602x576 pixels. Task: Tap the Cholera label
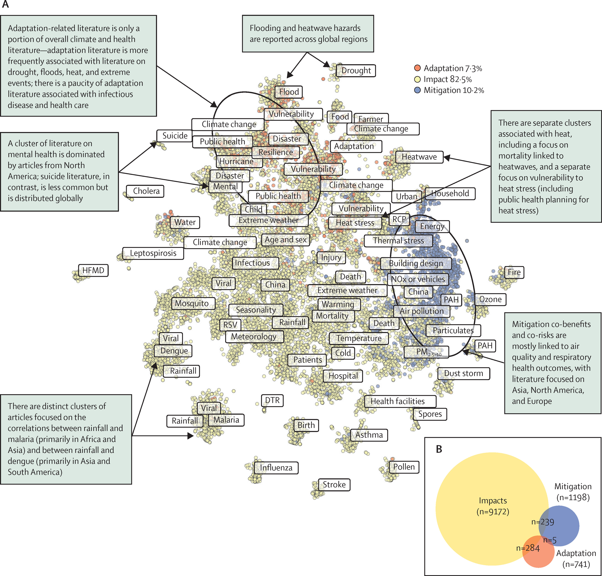pos(146,191)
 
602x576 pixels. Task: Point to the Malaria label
pos(226,420)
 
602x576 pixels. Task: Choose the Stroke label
pos(334,485)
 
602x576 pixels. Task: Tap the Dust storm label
pos(463,373)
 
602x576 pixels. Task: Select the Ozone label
pos(490,299)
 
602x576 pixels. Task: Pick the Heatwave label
pos(419,157)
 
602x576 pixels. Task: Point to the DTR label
pos(272,400)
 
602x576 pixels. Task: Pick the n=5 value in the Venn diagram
pos(550,540)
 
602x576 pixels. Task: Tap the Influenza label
pos(276,468)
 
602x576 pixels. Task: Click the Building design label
pos(416,263)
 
